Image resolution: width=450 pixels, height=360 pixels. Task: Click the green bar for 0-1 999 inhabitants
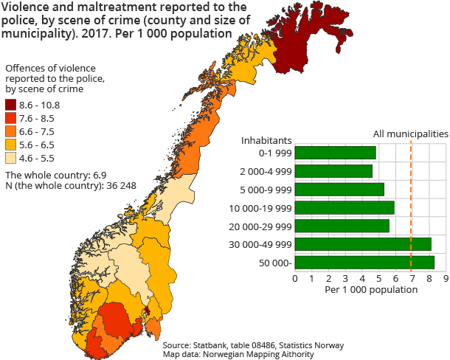[335, 153]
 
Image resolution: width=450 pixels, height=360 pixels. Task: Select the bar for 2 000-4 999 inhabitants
[333, 171]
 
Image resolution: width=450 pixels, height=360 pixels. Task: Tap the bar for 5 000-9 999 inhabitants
[339, 190]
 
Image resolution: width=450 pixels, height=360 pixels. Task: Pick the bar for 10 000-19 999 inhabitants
[345, 207]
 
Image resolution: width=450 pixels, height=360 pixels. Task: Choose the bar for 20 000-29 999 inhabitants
[342, 226]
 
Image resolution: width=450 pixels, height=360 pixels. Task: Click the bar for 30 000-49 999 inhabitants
[363, 244]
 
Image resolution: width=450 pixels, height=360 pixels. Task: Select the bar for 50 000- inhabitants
[364, 262]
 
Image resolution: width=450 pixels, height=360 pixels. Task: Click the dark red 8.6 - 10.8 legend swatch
[11, 105]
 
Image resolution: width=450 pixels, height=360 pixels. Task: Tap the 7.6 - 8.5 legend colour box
[11, 118]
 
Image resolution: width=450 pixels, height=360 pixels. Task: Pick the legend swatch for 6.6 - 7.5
[11, 131]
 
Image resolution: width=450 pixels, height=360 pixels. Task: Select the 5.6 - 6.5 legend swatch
[11, 145]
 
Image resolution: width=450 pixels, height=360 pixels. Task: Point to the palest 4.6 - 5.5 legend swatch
[11, 158]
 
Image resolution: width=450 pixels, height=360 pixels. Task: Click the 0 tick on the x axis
[295, 279]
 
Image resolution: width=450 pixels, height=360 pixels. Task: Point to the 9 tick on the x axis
[446, 279]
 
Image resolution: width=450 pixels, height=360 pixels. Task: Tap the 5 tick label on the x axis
[379, 279]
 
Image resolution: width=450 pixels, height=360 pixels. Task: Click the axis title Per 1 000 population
[370, 290]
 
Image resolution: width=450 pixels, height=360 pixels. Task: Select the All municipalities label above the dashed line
[410, 134]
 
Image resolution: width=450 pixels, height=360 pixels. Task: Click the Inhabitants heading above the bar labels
[267, 139]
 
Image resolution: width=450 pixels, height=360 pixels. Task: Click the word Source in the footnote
[177, 345]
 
